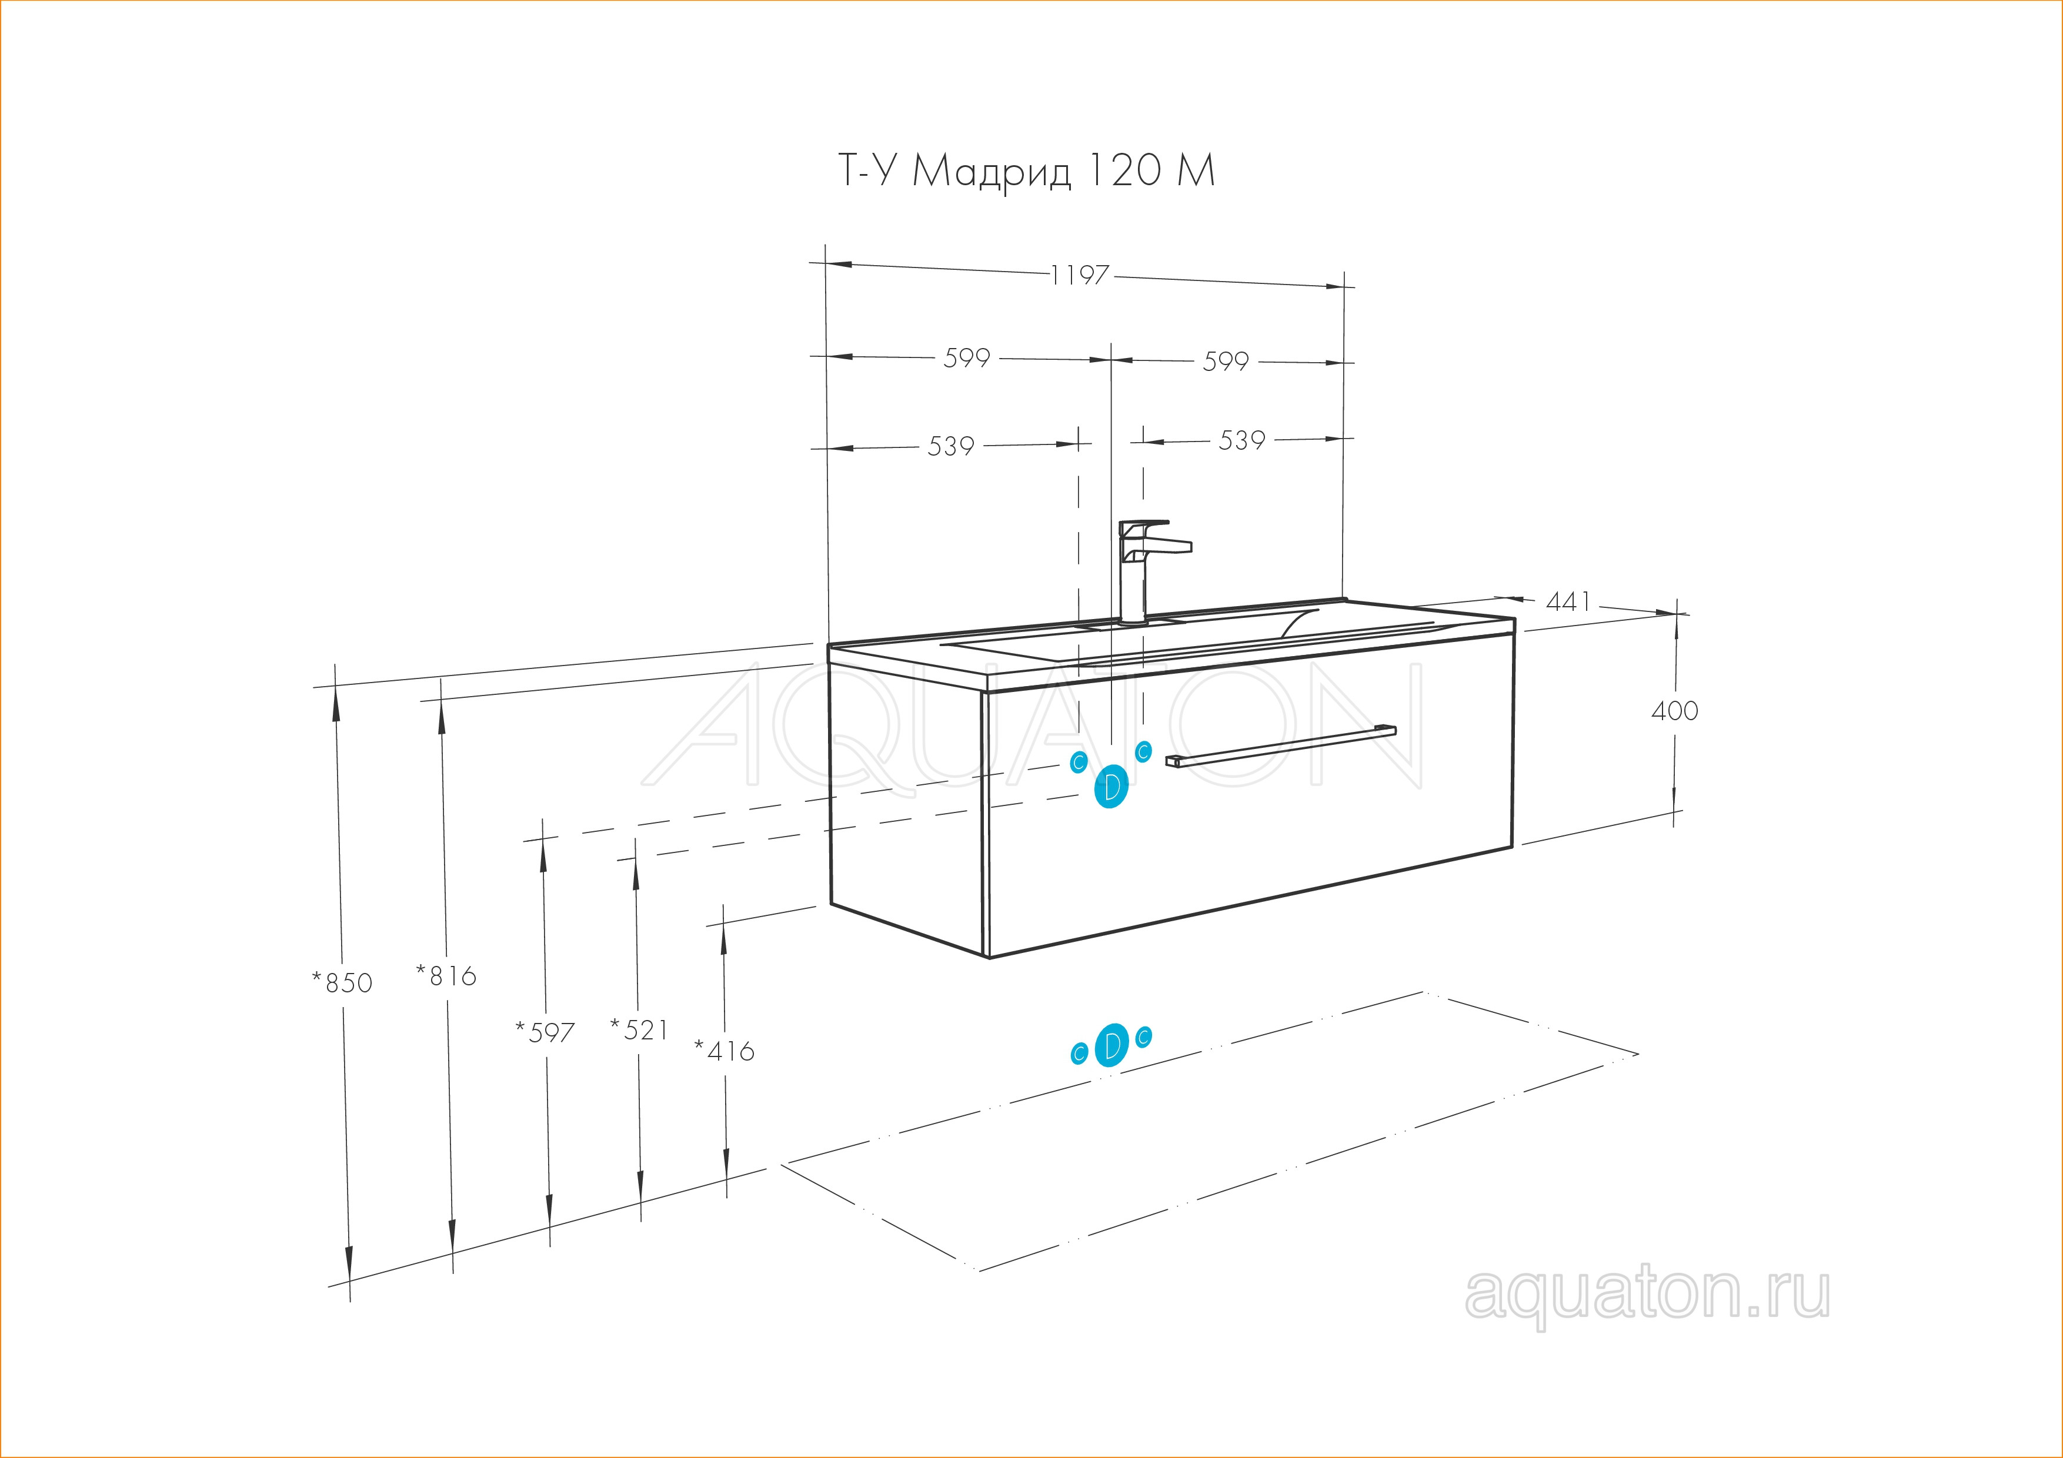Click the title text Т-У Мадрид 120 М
click(1026, 170)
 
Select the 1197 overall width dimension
click(1080, 275)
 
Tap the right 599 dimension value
click(1226, 361)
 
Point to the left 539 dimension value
click(950, 446)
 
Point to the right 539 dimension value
click(1242, 440)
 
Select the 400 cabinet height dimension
click(1675, 711)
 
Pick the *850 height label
click(342, 983)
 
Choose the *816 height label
click(446, 975)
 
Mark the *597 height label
click(545, 1033)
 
